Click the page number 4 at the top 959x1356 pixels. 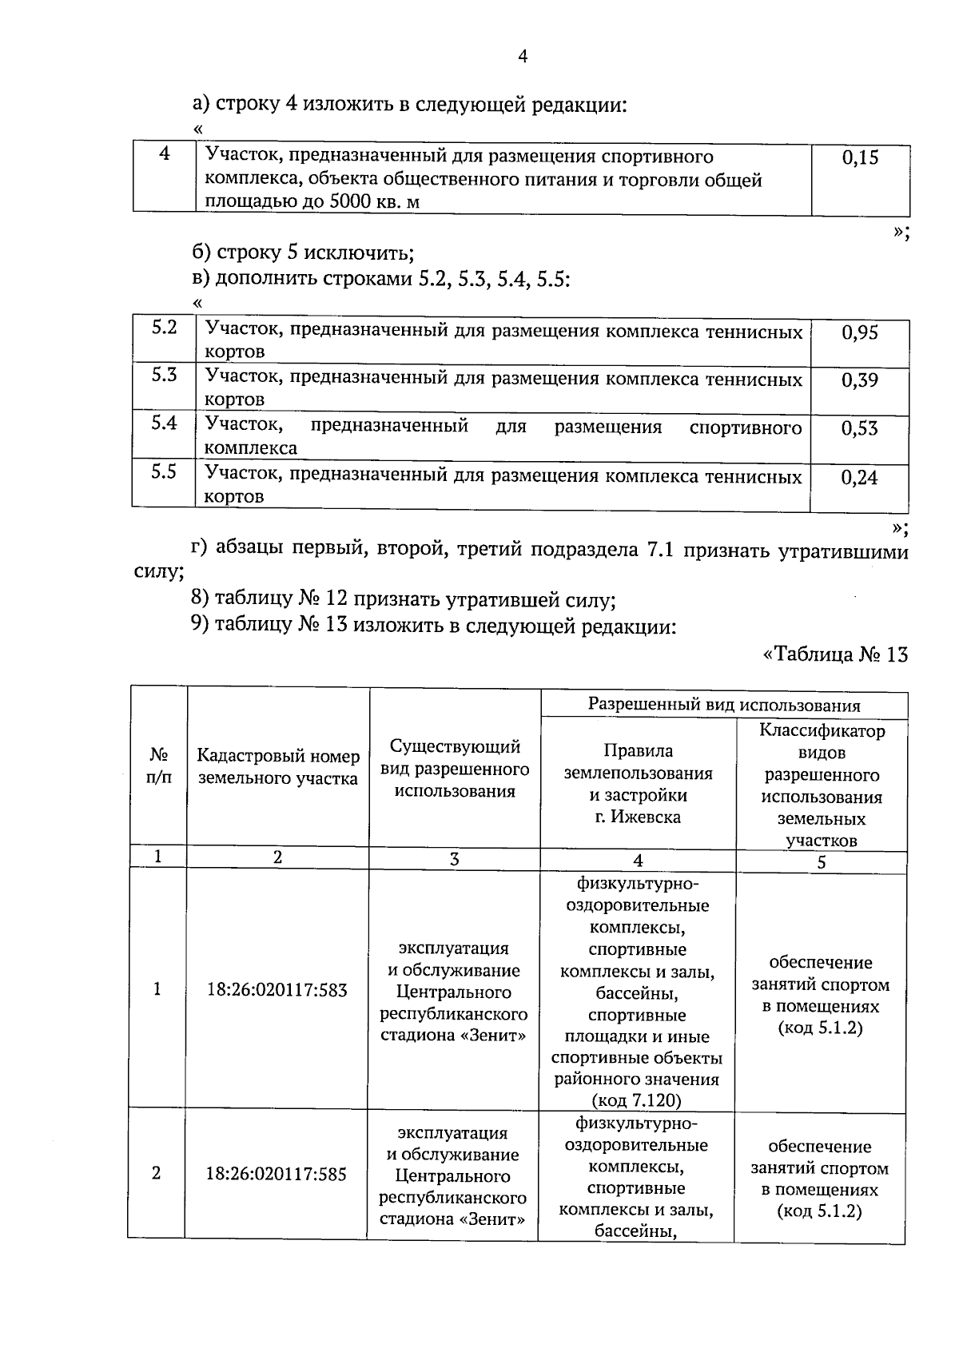[523, 57]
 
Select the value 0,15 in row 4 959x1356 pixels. [860, 157]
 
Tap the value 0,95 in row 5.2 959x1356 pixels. [859, 333]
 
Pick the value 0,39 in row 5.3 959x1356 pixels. [859, 380]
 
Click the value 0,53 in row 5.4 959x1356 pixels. [859, 429]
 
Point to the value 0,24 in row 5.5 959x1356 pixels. [859, 478]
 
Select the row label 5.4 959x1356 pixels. [164, 424]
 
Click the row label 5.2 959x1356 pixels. [164, 327]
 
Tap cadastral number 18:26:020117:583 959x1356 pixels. [277, 990]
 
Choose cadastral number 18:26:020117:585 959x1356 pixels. [277, 1175]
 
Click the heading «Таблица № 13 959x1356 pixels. [835, 654]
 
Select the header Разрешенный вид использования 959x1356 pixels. [724, 705]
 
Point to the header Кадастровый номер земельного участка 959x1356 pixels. [278, 766]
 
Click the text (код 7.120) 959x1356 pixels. [636, 1100]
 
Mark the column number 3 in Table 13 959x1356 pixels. [454, 859]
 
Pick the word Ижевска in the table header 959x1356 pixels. [646, 817]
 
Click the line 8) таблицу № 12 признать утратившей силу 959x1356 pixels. [403, 599]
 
